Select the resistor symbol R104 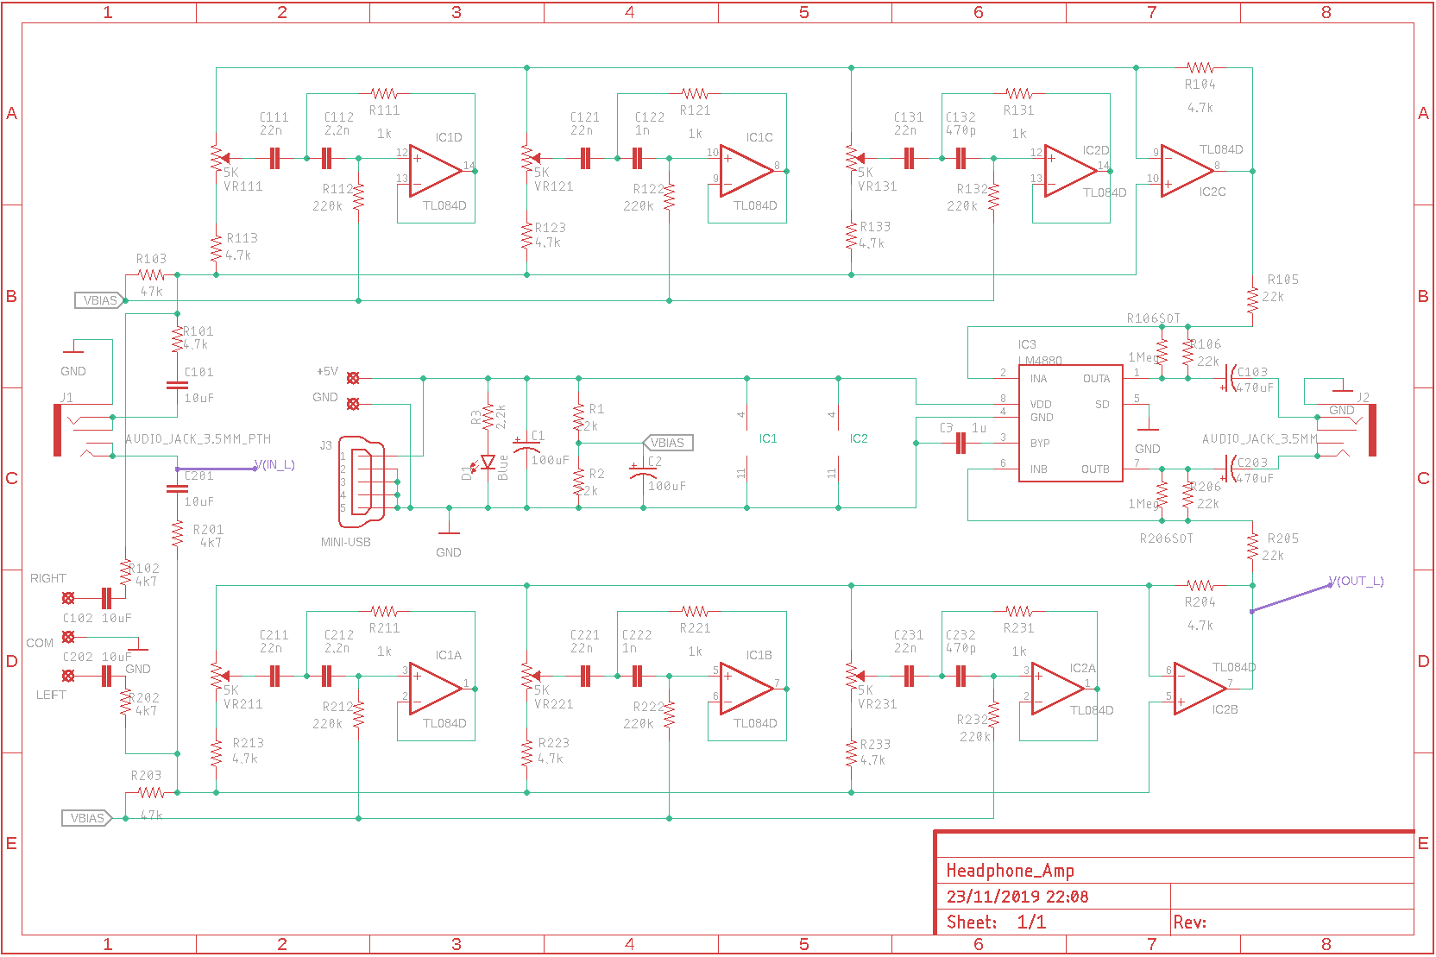(x=1200, y=67)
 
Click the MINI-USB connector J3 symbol (x=362, y=481)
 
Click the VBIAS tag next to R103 (x=100, y=300)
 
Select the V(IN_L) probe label (x=275, y=465)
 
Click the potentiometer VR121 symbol (x=527, y=158)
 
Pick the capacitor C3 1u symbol (x=960, y=444)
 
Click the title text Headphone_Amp (x=1010, y=870)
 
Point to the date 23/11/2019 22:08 (x=1017, y=897)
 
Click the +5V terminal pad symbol (x=352, y=378)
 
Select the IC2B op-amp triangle (x=1199, y=689)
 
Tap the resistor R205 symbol (x=1252, y=546)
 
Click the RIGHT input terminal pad (x=68, y=598)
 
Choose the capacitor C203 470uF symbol (x=1231, y=469)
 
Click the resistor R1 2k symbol (x=579, y=418)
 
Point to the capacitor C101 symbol (x=177, y=385)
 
